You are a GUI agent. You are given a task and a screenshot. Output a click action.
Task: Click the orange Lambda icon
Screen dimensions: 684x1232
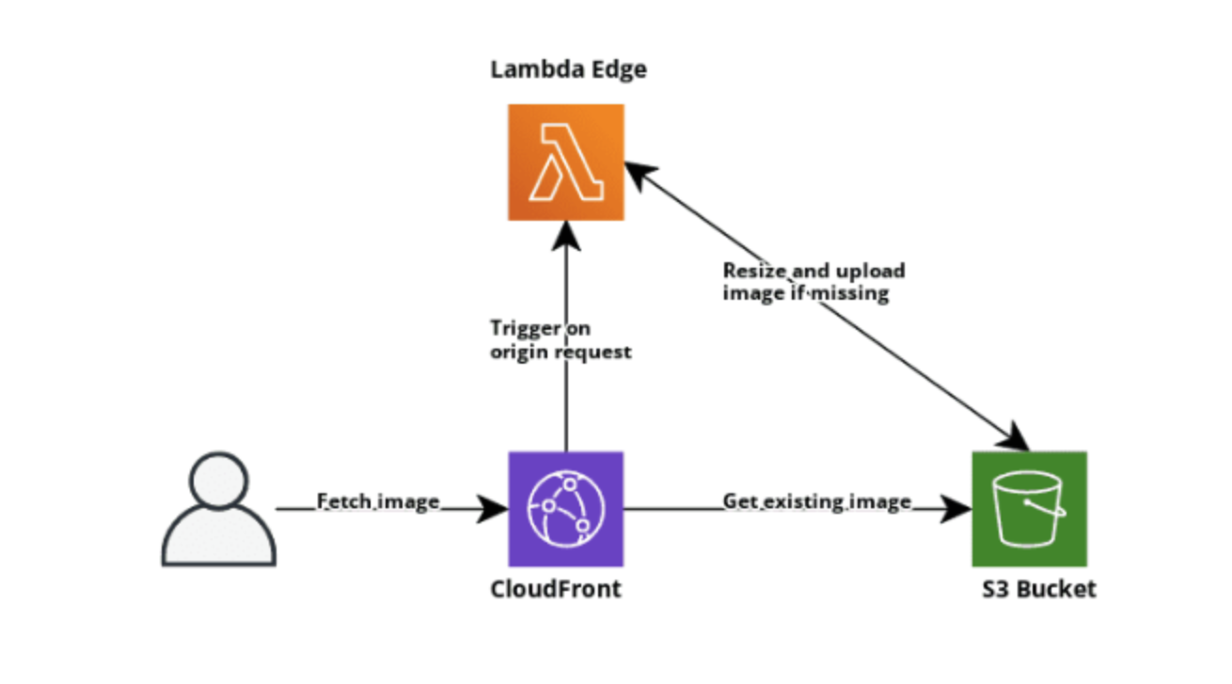pos(566,163)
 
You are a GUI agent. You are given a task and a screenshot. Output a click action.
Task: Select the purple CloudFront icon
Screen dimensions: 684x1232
pos(566,508)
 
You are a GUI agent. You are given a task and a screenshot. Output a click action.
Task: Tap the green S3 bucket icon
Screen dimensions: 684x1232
pos(1029,508)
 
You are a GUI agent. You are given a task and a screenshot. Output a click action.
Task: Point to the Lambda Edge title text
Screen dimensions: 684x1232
pos(568,70)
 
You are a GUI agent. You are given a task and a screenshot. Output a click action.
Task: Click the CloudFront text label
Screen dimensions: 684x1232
pos(556,589)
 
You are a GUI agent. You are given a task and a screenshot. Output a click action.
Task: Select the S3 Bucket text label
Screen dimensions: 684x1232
pos(1039,589)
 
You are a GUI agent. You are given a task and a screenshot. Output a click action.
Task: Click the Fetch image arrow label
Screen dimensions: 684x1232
pos(378,502)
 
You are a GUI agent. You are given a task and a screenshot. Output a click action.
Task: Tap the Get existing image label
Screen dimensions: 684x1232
pos(816,502)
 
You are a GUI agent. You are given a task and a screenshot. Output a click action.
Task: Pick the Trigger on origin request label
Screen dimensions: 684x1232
pos(561,340)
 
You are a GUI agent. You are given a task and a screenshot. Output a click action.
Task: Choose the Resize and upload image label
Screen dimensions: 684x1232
pos(813,282)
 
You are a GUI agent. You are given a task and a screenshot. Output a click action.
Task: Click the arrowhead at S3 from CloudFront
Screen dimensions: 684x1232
pos(956,509)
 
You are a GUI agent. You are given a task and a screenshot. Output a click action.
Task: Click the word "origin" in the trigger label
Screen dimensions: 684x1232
pos(516,352)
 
